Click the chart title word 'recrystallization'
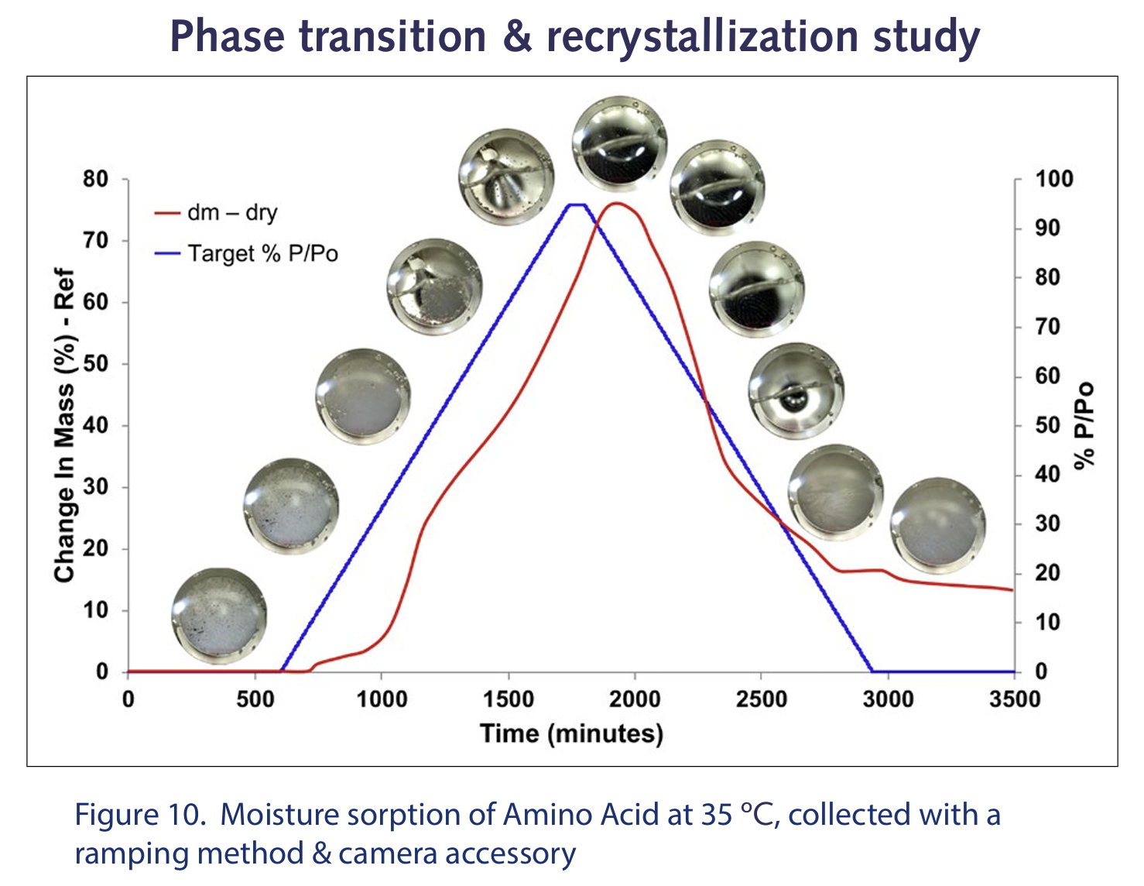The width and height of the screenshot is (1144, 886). click(x=703, y=38)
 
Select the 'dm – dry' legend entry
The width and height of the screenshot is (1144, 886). click(x=216, y=212)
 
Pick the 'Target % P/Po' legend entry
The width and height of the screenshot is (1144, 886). click(x=246, y=253)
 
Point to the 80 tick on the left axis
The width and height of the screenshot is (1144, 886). click(x=95, y=179)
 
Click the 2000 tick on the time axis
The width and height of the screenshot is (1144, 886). click(x=635, y=699)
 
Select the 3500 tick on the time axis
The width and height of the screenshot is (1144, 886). click(x=1015, y=699)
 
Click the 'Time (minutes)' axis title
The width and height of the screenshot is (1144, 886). click(x=571, y=734)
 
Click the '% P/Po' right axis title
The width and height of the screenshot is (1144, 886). click(x=1084, y=424)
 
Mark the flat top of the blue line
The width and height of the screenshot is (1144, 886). click(x=577, y=204)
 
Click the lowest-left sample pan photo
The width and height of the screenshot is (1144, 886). click(x=219, y=616)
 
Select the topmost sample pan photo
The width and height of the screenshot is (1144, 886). click(x=620, y=144)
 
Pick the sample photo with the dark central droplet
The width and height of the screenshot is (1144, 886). click(x=796, y=391)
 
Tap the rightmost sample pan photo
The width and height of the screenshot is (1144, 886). click(x=937, y=526)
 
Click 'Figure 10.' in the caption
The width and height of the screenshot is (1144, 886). click(x=140, y=815)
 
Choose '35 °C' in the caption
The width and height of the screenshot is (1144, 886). click(x=739, y=815)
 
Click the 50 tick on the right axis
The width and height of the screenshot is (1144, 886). click(x=1047, y=426)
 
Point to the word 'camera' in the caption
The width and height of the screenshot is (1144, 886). click(x=388, y=854)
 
